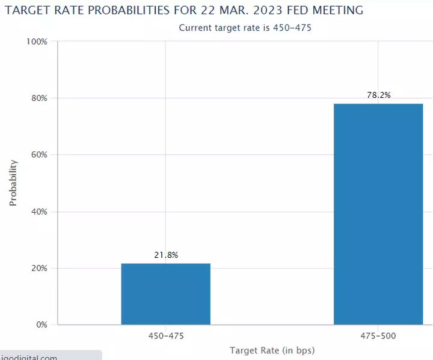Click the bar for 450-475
165,294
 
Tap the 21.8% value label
166,255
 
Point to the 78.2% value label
379,95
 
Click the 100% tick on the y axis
36,41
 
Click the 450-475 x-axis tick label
166,335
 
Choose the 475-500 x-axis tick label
378,335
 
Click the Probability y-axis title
13,183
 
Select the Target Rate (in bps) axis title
272,350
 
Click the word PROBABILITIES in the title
140,11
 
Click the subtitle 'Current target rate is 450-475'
245,28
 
